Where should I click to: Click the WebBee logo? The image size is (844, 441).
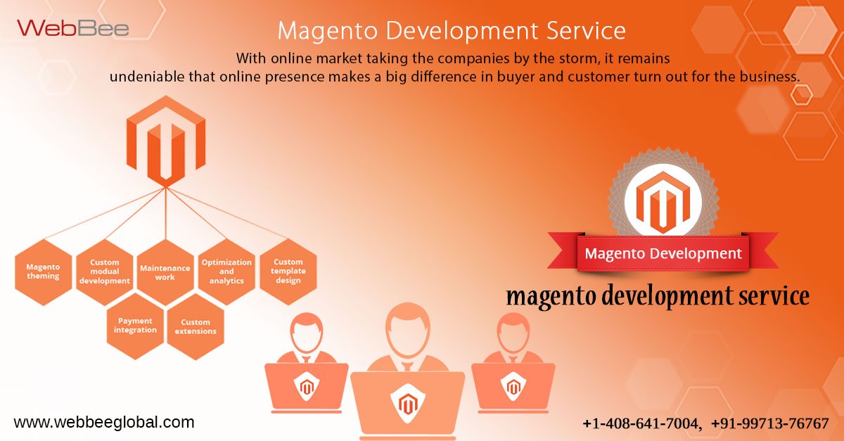[x=73, y=28]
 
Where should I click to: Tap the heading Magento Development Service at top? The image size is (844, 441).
[x=451, y=30]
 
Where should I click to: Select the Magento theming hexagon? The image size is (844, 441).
[x=43, y=271]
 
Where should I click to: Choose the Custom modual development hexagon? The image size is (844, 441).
[x=105, y=271]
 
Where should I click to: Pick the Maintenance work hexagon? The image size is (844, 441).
[x=165, y=272]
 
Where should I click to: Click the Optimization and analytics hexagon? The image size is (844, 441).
[x=226, y=271]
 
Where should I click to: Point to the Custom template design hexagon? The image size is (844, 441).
[x=288, y=271]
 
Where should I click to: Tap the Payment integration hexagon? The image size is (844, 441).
[x=135, y=326]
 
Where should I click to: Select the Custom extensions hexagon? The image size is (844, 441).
[x=196, y=326]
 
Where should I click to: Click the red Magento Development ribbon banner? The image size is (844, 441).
[x=663, y=253]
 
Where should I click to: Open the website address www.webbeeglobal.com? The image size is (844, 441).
[x=104, y=423]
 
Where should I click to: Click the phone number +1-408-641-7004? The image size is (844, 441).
[x=641, y=423]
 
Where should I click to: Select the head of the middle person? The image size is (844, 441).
[x=407, y=328]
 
